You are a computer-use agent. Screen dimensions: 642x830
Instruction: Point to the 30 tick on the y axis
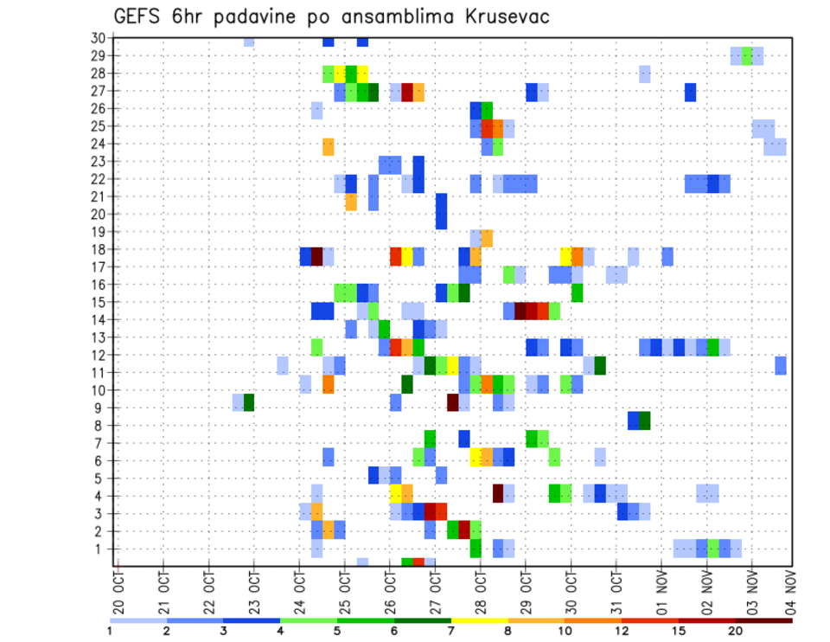(99, 38)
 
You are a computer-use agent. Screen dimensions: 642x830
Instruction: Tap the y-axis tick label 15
(99, 302)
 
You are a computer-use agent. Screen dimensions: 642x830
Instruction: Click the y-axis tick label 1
(101, 549)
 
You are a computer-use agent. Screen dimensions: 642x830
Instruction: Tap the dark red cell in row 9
(452, 402)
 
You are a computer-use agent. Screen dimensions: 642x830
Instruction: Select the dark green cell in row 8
(644, 421)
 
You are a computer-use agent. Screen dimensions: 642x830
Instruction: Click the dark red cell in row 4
(498, 493)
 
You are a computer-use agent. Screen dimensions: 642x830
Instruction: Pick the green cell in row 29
(747, 55)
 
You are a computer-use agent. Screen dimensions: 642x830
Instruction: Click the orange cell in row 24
(329, 147)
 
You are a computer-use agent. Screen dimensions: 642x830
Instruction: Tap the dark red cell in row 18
(316, 257)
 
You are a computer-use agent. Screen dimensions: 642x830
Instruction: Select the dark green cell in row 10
(407, 383)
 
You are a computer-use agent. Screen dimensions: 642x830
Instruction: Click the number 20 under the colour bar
(735, 631)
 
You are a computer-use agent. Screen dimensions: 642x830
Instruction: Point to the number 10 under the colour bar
(565, 631)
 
